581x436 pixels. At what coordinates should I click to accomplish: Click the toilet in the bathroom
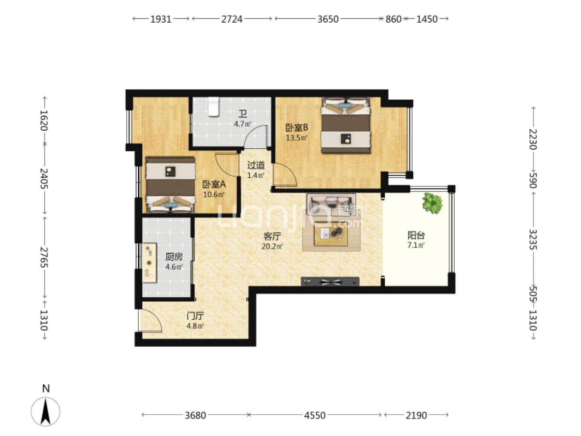(213, 107)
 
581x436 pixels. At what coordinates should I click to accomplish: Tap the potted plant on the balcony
(432, 203)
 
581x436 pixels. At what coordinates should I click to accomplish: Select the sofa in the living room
(331, 204)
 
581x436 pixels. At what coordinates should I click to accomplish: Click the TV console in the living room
(330, 282)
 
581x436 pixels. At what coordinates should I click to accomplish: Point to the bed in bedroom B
(345, 125)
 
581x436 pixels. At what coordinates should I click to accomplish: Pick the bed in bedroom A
(170, 185)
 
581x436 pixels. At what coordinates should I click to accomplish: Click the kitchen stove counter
(150, 263)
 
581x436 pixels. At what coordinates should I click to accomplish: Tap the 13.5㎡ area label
(297, 138)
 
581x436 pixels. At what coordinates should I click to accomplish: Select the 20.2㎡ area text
(272, 246)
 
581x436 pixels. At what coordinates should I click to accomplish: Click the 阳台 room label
(416, 235)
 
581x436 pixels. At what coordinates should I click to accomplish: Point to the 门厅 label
(195, 316)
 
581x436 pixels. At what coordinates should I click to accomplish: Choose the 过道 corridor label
(256, 165)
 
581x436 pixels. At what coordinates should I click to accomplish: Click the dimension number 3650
(328, 19)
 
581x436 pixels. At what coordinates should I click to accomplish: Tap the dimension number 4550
(315, 415)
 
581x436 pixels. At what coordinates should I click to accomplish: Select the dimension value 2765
(44, 257)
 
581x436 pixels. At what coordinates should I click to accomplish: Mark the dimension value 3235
(533, 239)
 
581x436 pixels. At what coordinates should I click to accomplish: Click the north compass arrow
(46, 412)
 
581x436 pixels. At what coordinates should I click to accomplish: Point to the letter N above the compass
(46, 389)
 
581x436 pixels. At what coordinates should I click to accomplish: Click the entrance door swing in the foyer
(150, 321)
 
